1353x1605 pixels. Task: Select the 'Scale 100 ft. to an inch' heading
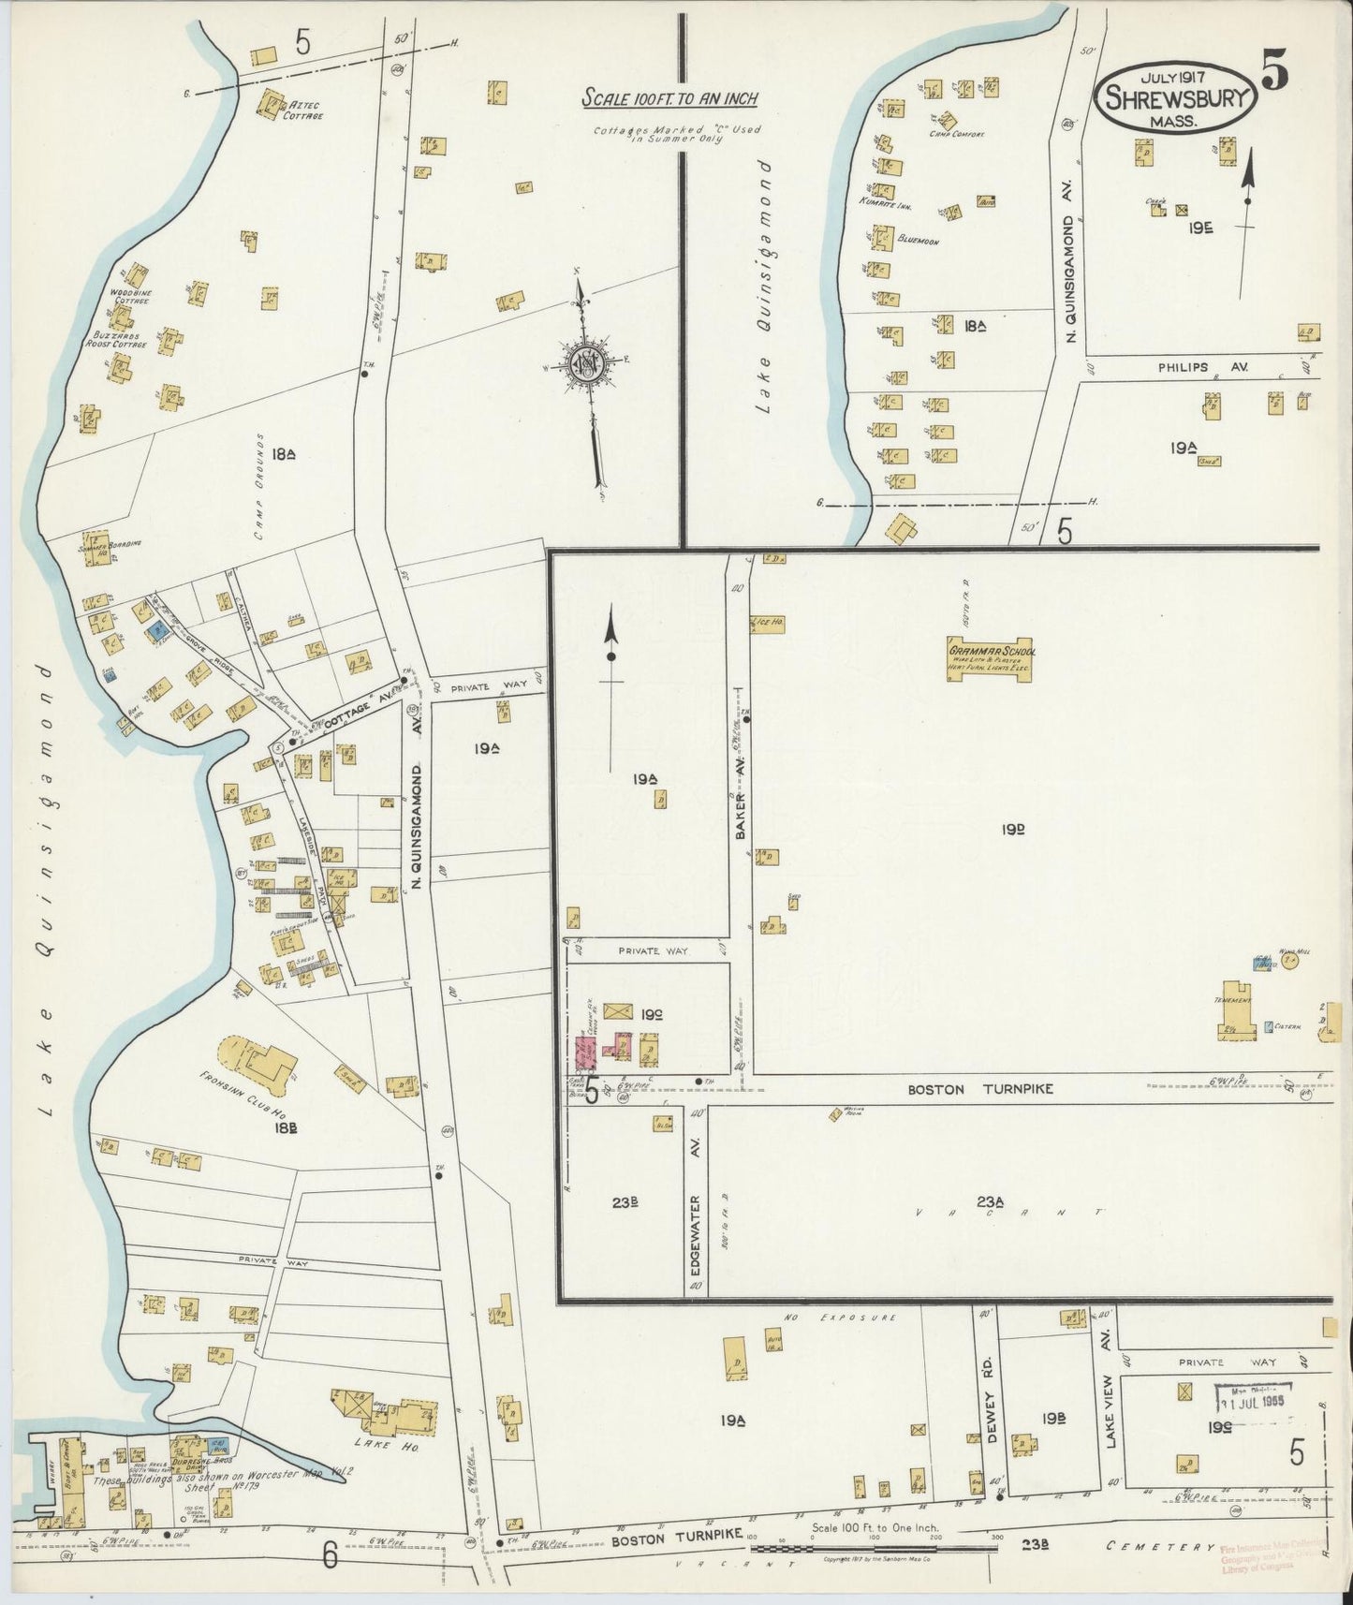[669, 98]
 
